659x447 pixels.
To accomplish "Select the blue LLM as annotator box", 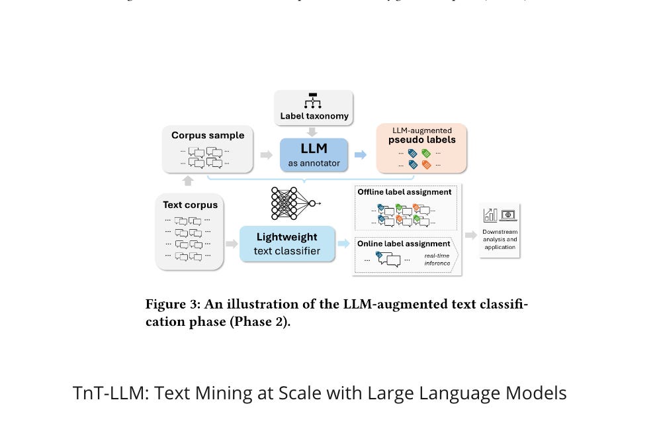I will click(x=314, y=155).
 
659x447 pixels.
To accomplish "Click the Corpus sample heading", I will click(x=208, y=136).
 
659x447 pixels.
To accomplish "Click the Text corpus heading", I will click(x=190, y=205).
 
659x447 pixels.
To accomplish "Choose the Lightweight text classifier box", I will click(x=287, y=243).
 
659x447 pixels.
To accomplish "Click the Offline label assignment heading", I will click(x=404, y=192).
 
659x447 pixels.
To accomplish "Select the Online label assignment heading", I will click(x=404, y=244).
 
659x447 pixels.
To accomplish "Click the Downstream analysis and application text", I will click(x=500, y=239).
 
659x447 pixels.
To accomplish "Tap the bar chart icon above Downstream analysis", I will click(x=491, y=215).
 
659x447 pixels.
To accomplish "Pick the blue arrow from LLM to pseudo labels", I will click(x=361, y=155).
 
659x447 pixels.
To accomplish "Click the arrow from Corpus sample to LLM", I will click(x=266, y=155).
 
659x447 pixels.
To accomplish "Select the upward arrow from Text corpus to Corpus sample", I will click(x=188, y=181).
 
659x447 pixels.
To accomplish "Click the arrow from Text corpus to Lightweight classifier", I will click(x=232, y=244).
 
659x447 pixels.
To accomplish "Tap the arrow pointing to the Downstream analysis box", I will click(x=471, y=235).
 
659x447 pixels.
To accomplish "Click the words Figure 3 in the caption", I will click(x=171, y=305).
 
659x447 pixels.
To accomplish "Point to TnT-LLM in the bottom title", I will click(x=110, y=393).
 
